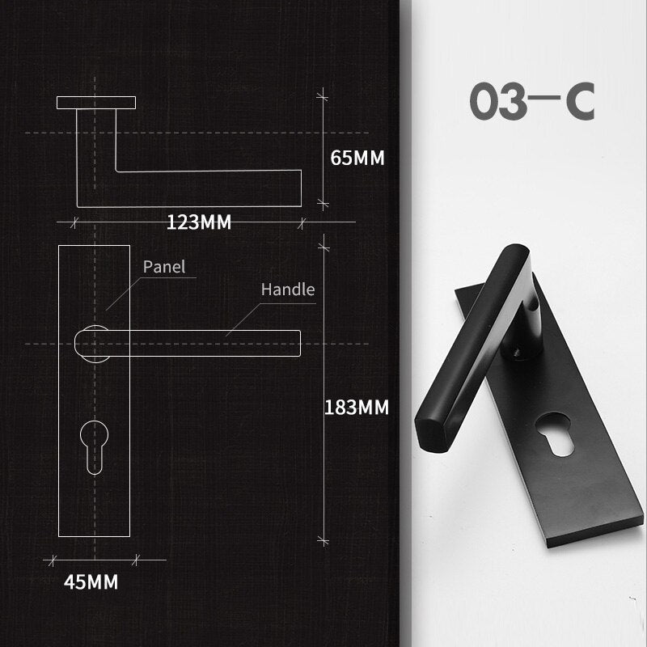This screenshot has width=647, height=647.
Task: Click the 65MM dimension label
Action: [357, 158]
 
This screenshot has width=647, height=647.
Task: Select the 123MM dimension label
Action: [199, 222]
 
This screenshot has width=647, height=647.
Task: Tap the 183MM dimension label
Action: [357, 408]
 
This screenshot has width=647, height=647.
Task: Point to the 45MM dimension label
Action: [91, 581]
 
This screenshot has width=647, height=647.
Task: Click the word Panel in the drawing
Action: [164, 266]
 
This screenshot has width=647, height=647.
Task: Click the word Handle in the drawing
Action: [287, 290]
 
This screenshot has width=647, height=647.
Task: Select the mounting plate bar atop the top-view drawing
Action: [95, 103]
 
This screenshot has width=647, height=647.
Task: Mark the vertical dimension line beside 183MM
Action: [324, 388]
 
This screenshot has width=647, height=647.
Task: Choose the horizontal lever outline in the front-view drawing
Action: [210, 343]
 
